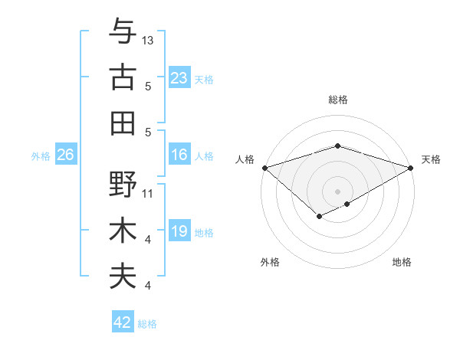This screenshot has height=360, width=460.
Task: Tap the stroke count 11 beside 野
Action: tap(148, 193)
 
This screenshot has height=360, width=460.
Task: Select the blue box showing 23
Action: tap(179, 78)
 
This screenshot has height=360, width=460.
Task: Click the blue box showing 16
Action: tap(179, 155)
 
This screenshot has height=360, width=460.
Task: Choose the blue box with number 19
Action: tap(179, 232)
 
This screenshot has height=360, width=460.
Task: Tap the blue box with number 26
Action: tap(65, 155)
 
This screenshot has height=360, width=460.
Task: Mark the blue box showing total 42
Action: tap(123, 322)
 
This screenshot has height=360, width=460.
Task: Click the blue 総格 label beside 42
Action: tap(148, 324)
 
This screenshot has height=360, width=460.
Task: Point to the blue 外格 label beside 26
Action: tap(41, 156)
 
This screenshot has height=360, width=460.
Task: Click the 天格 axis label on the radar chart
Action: tap(431, 159)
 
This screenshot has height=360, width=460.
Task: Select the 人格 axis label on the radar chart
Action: tap(245, 159)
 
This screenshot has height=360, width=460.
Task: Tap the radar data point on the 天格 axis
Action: tap(411, 167)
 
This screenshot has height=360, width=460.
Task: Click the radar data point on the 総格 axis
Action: tap(337, 146)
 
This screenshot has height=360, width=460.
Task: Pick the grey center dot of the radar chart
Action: tap(337, 191)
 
